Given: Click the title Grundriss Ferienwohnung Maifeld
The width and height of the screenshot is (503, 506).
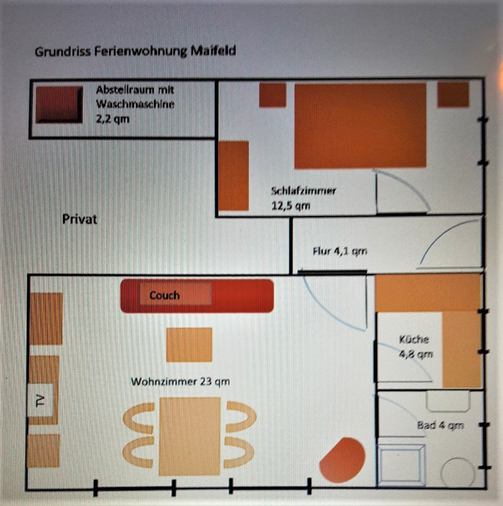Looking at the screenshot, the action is (135, 51).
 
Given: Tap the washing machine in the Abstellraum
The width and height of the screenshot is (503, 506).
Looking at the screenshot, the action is (59, 104).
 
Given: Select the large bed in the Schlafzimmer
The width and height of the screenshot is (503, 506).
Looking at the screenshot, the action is (360, 126).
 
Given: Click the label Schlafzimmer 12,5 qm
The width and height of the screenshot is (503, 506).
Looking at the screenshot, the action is (303, 198).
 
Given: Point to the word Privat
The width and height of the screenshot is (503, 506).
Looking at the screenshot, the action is (80, 219).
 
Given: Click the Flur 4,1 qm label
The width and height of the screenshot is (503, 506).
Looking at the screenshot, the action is (340, 251).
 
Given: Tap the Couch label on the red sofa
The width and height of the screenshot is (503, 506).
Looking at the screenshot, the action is (165, 295).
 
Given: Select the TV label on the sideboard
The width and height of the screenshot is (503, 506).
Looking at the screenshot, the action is (40, 401).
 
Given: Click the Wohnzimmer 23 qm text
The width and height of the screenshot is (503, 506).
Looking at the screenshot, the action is (180, 381).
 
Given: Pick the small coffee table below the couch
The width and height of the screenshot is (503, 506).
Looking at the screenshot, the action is (189, 345).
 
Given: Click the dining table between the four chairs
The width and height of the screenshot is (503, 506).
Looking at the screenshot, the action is (190, 437).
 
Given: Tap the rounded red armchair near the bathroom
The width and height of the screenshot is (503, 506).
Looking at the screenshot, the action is (343, 458).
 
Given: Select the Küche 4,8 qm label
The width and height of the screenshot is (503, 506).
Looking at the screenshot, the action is (415, 347).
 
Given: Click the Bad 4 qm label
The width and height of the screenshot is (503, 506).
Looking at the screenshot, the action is (440, 425).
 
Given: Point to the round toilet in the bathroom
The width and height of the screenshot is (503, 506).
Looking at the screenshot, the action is (458, 472).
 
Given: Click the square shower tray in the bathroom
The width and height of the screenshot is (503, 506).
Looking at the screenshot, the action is (401, 465).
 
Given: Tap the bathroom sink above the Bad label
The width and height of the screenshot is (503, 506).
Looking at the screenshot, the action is (448, 401).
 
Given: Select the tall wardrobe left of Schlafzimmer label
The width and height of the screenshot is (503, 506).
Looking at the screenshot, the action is (234, 175).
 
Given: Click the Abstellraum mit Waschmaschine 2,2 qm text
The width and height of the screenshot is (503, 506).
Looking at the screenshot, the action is (135, 104).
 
